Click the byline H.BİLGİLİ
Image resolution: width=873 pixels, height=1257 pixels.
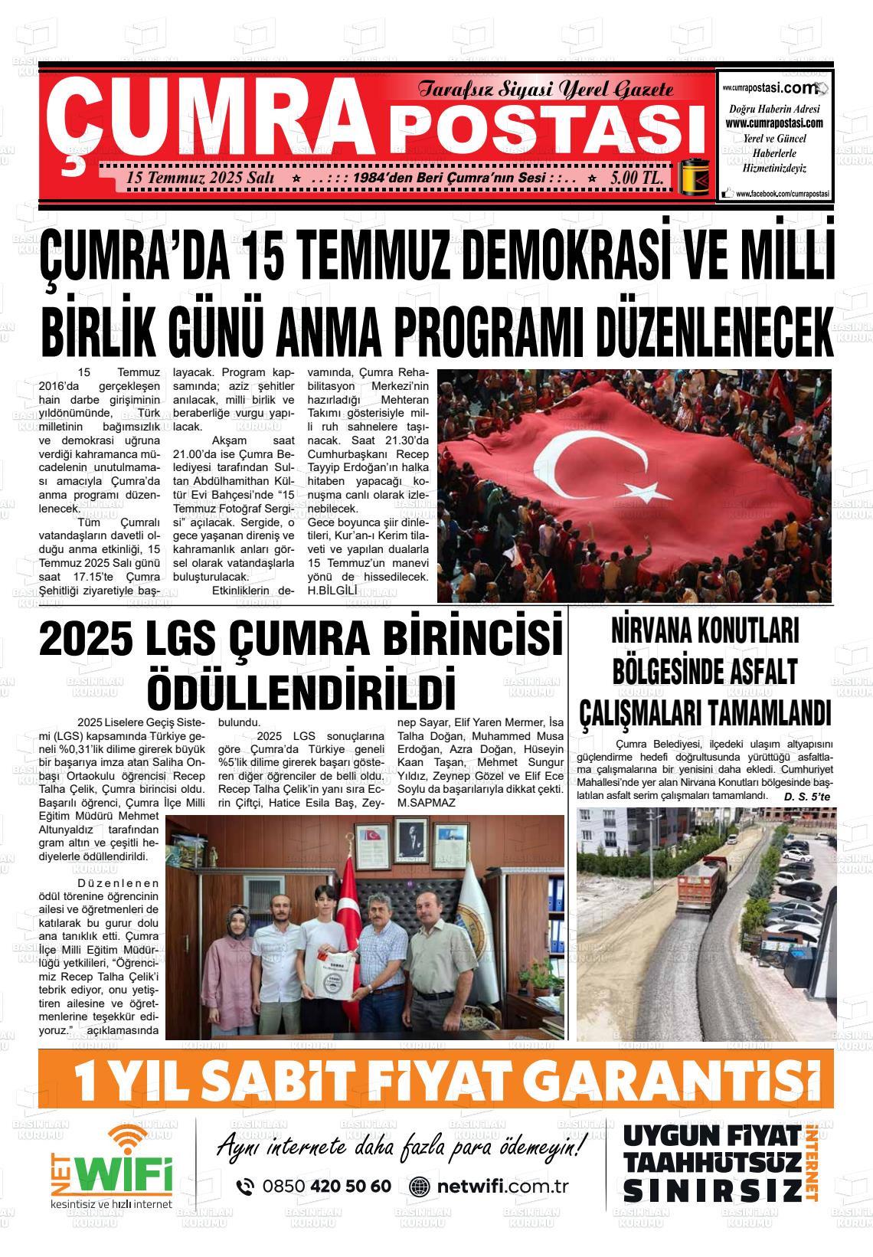coord(332,591)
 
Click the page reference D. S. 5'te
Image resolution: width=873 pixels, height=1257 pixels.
coord(807,797)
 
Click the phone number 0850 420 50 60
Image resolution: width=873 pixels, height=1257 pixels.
coord(326,1187)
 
